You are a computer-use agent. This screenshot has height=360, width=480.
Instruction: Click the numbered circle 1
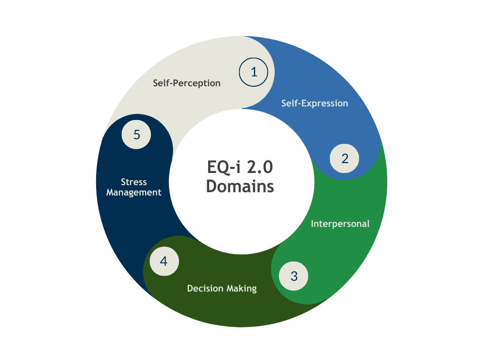tap(254, 72)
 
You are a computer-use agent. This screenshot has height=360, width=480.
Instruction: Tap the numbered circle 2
tap(345, 158)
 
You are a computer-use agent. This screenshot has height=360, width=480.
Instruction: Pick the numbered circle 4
tap(164, 261)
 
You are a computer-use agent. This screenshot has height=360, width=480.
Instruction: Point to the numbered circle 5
tap(136, 135)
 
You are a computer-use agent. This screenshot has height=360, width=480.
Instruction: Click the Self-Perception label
tap(187, 83)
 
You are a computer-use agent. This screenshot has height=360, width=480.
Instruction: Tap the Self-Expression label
tap(315, 103)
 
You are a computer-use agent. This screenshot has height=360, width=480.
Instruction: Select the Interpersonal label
tap(340, 224)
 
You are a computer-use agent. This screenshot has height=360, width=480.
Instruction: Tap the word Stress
tap(134, 182)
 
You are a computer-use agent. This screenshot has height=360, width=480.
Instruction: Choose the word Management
tap(134, 192)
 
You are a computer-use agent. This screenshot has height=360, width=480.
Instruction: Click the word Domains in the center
tap(240, 186)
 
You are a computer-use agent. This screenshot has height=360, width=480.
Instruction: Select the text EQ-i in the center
tap(223, 167)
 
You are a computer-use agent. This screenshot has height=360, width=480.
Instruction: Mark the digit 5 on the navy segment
tap(136, 135)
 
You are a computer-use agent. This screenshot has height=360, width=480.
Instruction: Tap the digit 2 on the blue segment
tap(345, 158)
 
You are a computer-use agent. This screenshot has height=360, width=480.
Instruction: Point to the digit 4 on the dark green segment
tap(164, 261)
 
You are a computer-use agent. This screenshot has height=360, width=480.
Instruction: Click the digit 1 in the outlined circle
tap(254, 72)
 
